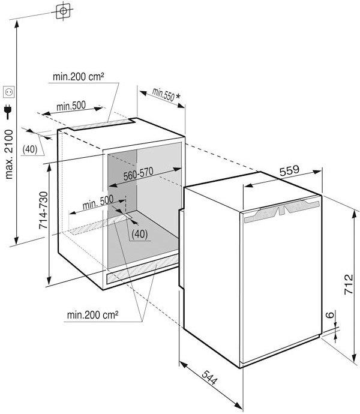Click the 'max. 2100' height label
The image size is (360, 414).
click(x=9, y=154)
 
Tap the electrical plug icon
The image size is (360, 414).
click(x=8, y=112)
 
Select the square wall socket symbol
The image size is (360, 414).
click(x=8, y=92)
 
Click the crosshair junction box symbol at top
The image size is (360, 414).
click(x=64, y=11)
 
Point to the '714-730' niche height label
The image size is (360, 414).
click(x=43, y=211)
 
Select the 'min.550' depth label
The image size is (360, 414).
click(x=163, y=94)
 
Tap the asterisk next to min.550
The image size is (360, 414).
click(x=178, y=96)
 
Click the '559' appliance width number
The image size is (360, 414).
click(x=289, y=170)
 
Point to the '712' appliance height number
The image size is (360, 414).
click(x=349, y=284)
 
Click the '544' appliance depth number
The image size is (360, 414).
click(x=210, y=377)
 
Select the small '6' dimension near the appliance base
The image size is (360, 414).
click(x=330, y=315)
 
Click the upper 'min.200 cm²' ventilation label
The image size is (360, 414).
click(x=78, y=77)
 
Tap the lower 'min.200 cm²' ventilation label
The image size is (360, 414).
click(x=92, y=315)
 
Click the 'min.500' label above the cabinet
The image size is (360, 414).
click(x=71, y=106)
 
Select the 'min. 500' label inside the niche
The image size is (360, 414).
click(x=98, y=203)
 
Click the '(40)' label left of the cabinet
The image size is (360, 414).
click(x=30, y=149)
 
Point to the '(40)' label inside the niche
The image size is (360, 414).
click(x=139, y=233)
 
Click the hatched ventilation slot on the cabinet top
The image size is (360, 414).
click(x=103, y=124)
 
